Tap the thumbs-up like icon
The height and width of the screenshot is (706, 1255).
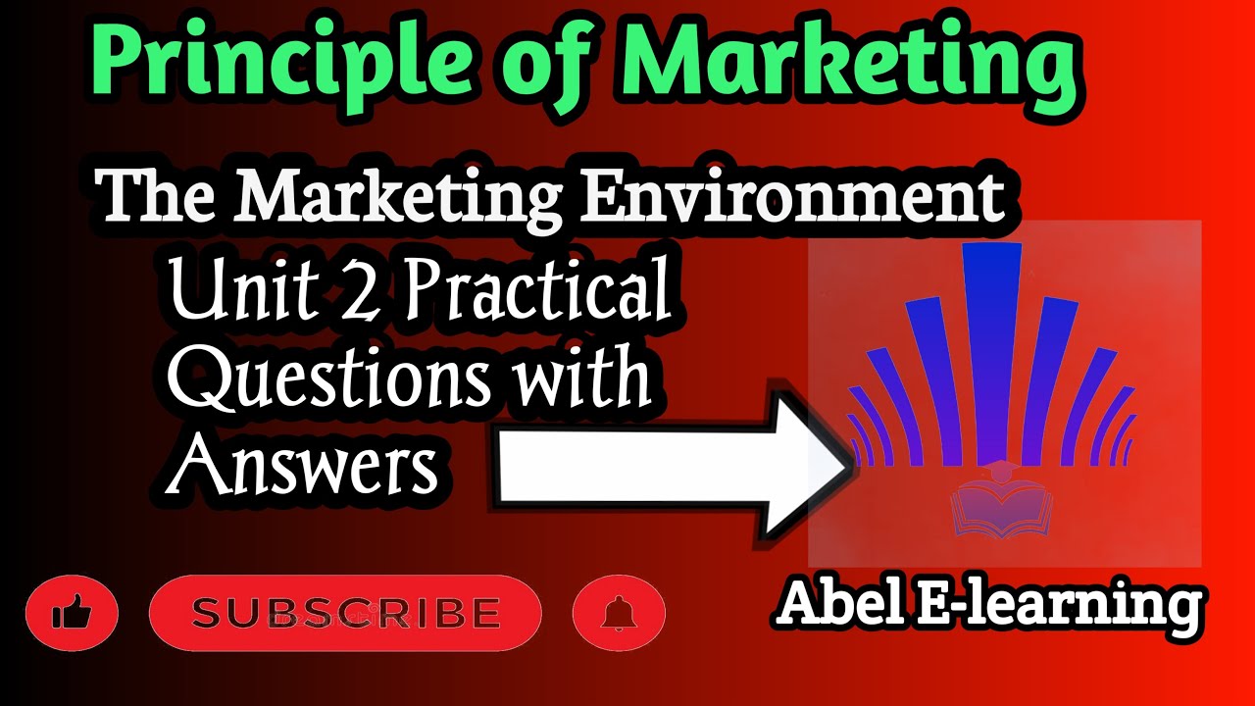[72, 615]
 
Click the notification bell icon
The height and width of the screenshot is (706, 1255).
[618, 615]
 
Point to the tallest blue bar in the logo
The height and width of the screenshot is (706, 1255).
[992, 353]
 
